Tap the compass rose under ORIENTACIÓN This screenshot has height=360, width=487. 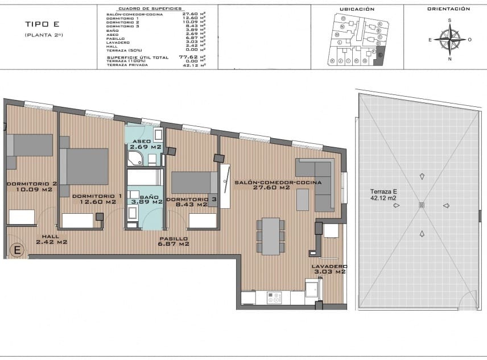click(x=449, y=40)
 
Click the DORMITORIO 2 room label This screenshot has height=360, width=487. click(x=31, y=187)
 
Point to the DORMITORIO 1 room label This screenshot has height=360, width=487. click(x=97, y=198)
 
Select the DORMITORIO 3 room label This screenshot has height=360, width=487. click(x=192, y=202)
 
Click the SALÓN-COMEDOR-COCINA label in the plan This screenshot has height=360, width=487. click(x=278, y=185)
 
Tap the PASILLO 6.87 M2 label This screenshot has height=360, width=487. click(x=174, y=241)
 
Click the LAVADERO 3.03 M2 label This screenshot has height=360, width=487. click(x=329, y=269)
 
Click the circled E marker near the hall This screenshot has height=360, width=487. click(x=17, y=249)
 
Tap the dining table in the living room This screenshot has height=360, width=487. click(x=270, y=235)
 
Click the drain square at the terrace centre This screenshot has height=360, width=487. click(x=421, y=205)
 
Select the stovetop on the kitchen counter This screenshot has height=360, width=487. click(x=275, y=297)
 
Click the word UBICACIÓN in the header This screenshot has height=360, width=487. click(x=357, y=9)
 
